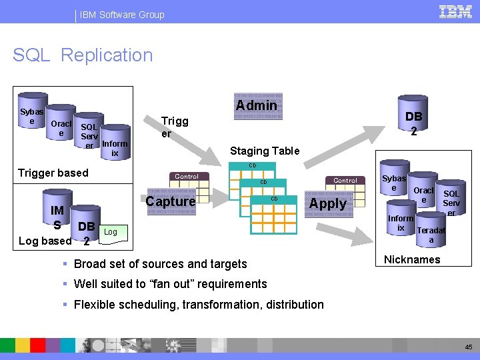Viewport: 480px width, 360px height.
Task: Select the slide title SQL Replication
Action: [83, 55]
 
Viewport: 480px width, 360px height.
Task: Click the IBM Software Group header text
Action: [122, 14]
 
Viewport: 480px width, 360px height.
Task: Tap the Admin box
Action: [257, 105]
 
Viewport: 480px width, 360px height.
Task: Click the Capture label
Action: [171, 201]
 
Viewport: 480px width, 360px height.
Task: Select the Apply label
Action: [328, 203]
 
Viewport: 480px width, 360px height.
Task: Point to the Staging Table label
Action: [265, 151]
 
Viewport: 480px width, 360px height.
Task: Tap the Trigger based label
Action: [53, 173]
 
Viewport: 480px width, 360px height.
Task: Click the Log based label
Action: [45, 241]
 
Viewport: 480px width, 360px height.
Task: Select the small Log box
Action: [111, 232]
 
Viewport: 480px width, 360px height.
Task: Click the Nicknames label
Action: [412, 260]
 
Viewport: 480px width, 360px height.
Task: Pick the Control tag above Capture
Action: [186, 177]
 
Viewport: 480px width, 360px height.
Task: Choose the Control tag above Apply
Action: [345, 181]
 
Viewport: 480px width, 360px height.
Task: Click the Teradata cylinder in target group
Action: [431, 234]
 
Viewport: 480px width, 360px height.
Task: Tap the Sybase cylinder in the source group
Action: [31, 116]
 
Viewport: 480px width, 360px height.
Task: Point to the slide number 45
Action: [467, 347]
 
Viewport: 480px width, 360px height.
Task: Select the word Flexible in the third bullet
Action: [96, 305]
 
